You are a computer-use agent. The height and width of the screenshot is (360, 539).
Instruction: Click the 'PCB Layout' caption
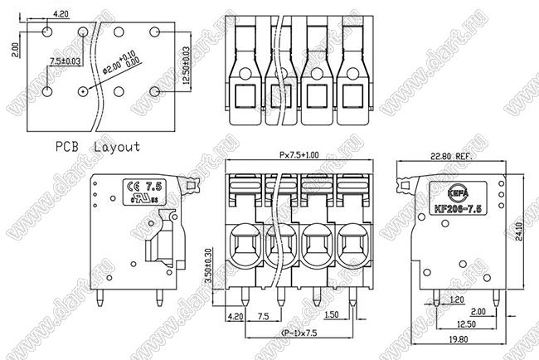click(98, 146)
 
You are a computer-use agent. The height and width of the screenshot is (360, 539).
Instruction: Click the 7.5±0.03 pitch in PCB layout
click(66, 61)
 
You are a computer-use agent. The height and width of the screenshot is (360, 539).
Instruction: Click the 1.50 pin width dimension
click(333, 316)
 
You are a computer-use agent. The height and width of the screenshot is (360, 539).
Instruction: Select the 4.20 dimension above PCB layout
click(61, 14)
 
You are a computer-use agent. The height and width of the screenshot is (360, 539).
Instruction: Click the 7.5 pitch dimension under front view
click(264, 316)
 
